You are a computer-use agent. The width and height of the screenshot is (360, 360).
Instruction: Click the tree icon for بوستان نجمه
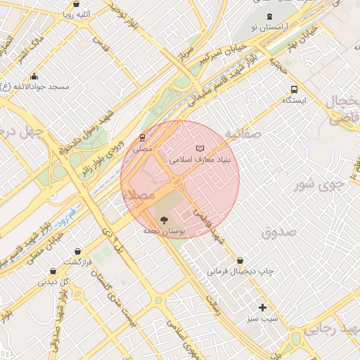[165, 219]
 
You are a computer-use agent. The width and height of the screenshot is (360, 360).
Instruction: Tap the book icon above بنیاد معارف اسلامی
[200, 149]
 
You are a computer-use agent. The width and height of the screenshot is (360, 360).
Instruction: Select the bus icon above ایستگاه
[293, 89]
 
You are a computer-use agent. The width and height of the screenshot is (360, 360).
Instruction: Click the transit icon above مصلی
[142, 137]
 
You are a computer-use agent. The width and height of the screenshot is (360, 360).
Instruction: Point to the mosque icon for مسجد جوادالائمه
[34, 77]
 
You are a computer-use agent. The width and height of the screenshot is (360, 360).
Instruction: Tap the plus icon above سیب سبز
[263, 307]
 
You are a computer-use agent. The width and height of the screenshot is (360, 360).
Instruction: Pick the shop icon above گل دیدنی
[53, 271]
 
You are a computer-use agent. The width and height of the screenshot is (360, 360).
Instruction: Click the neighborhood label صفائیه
[243, 132]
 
